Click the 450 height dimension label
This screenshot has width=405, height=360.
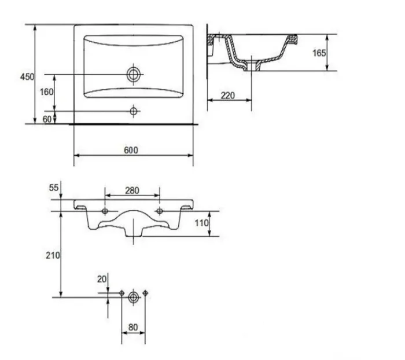[27, 76]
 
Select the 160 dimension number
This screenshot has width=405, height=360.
[47, 92]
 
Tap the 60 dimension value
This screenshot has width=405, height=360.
[47, 119]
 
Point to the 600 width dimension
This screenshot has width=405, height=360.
[132, 150]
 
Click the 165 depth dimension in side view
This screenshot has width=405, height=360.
[319, 53]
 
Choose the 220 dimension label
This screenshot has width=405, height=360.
[227, 95]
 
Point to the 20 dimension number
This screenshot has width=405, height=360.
[102, 279]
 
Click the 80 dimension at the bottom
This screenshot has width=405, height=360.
[133, 327]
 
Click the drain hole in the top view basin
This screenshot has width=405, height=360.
[134, 74]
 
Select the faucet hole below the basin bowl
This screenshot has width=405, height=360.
[134, 110]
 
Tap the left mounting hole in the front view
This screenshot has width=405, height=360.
[105, 210]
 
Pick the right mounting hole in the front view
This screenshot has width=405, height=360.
[160, 210]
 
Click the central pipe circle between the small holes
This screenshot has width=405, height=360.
[133, 296]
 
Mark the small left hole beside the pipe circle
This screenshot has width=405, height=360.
[122, 293]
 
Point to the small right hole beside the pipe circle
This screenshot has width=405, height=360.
[145, 293]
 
